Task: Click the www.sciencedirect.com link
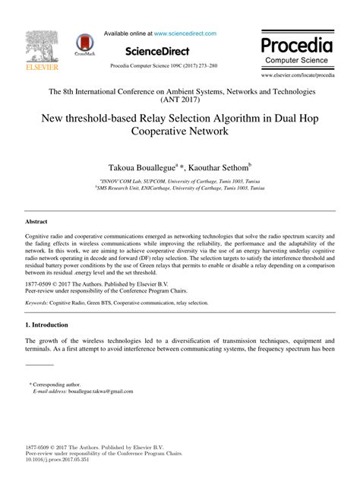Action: (185, 33)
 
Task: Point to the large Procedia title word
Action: (297, 43)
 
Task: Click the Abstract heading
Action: (36, 220)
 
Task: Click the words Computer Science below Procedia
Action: (297, 59)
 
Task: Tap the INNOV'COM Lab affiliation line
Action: (180, 182)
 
